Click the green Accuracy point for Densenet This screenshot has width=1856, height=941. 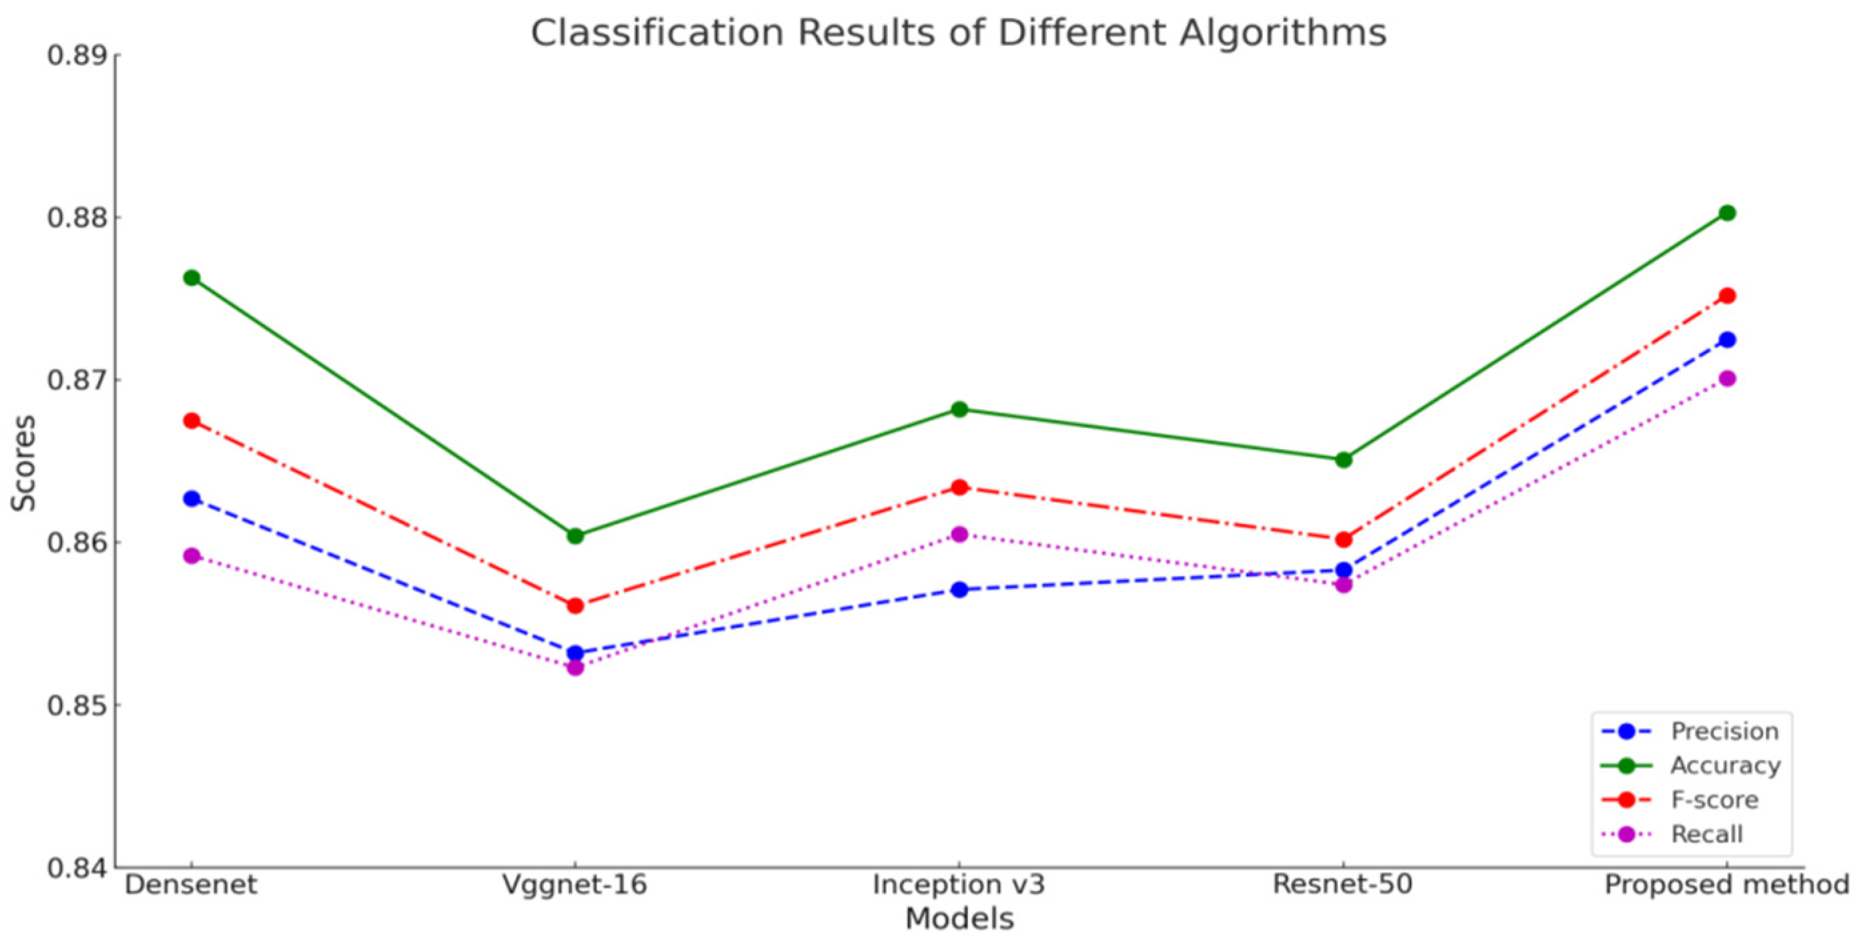pos(191,278)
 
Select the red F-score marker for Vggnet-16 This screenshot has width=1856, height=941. pos(575,606)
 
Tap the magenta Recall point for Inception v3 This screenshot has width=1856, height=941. pos(959,534)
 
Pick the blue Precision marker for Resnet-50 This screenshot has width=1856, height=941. pos(1343,570)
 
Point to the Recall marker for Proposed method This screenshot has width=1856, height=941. pos(1727,378)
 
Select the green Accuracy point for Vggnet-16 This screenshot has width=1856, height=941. pos(575,536)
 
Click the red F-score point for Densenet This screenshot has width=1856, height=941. pos(191,421)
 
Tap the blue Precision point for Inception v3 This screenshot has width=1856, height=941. pos(959,590)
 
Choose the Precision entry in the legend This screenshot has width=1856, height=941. pos(1724,731)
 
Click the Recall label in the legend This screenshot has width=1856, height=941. pos(1706,834)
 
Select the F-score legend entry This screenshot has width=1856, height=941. pos(1714,800)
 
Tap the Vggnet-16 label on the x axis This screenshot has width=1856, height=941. pos(575,885)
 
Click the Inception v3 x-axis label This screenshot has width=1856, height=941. pos(959,885)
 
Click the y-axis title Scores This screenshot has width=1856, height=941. pos(23,463)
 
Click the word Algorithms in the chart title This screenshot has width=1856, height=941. pos(1282,33)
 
